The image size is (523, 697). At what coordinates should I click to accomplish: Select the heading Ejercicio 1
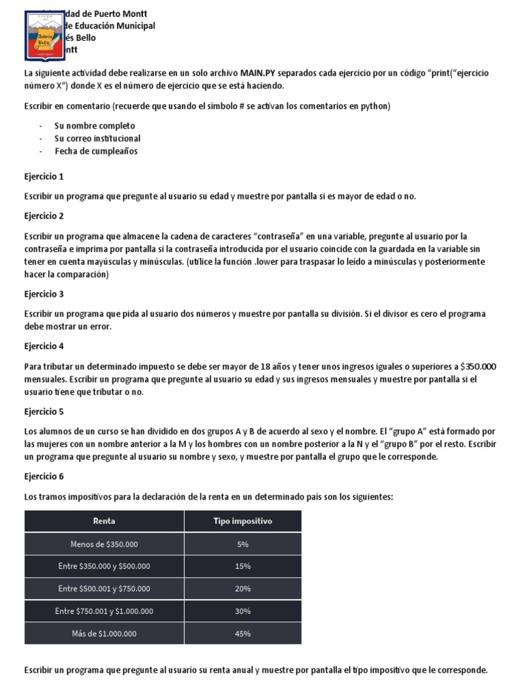44,177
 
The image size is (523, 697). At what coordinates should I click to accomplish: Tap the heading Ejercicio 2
44,216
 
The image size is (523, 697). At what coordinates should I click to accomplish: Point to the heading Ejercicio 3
44,294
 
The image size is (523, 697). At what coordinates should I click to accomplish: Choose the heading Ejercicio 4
44,346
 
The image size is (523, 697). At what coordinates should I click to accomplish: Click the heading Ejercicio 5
44,412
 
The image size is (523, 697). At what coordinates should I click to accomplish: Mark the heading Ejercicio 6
44,477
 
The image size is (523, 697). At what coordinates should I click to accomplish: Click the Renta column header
104,521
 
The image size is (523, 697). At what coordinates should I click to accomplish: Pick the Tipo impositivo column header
242,521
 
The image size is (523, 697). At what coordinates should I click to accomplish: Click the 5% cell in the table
242,544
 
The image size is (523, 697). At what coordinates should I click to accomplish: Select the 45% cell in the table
242,634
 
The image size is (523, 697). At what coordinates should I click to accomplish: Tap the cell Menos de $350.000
104,544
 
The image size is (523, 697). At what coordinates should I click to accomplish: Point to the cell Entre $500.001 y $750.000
104,589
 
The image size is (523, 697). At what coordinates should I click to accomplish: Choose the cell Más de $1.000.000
104,634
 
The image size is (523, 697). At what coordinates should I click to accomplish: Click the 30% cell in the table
242,611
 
